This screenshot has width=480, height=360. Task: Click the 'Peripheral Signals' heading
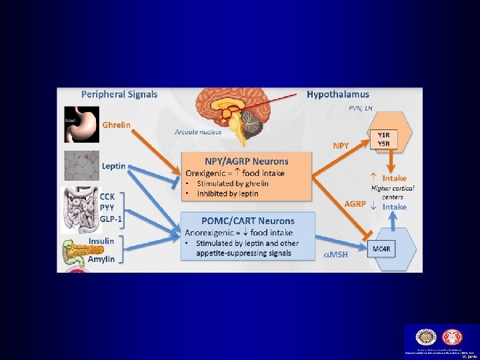pyautogui.click(x=119, y=94)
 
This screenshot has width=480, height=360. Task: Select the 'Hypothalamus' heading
pyautogui.click(x=337, y=95)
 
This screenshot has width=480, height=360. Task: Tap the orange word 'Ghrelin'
pyautogui.click(x=116, y=125)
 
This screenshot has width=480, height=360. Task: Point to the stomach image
pyautogui.click(x=81, y=124)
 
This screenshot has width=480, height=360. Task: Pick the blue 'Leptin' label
pyautogui.click(x=114, y=166)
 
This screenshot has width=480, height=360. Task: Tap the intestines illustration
pyautogui.click(x=81, y=209)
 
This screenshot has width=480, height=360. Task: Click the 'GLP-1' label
pyautogui.click(x=112, y=218)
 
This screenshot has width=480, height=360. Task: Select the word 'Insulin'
pyautogui.click(x=101, y=241)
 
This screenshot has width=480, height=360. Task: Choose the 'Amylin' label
pyautogui.click(x=101, y=259)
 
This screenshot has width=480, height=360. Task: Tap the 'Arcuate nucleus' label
pyautogui.click(x=198, y=132)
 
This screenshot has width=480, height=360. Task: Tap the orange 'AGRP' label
pyautogui.click(x=355, y=203)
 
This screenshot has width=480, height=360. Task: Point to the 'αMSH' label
pyautogui.click(x=336, y=255)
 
